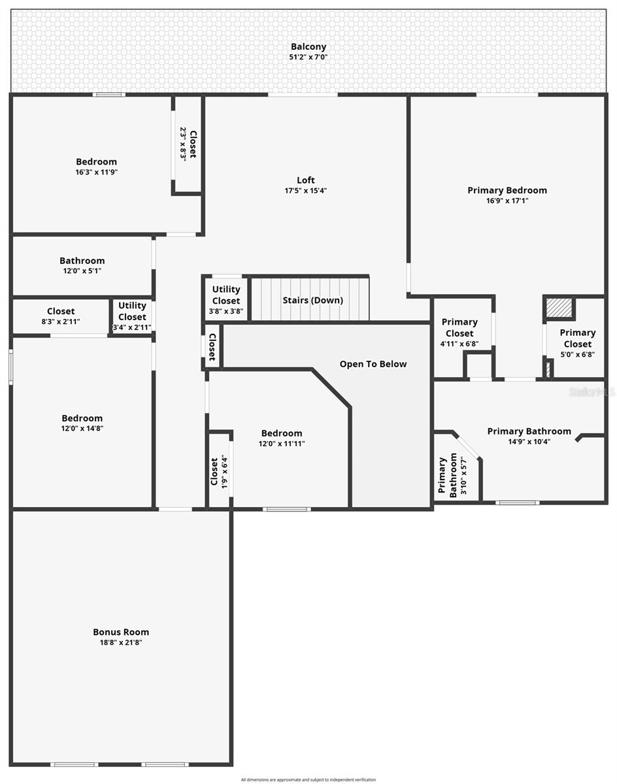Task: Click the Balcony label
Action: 308,47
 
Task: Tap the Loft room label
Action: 306,180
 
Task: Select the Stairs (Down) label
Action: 312,301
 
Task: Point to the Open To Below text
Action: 373,364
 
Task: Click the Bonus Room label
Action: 121,632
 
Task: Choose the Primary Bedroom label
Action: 507,190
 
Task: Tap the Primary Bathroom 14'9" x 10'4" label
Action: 529,436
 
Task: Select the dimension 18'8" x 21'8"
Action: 121,643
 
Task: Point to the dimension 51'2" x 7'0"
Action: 308,57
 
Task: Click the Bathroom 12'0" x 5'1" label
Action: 82,265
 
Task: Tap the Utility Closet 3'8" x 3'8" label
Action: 226,300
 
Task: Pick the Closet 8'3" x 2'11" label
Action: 61,316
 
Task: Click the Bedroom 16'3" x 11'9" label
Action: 97,167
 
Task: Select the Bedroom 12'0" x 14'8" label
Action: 82,423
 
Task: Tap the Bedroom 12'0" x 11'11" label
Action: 282,438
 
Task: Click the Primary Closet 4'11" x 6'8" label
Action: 459,333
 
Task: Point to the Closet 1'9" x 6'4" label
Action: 218,471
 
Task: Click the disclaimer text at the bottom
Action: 308,779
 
